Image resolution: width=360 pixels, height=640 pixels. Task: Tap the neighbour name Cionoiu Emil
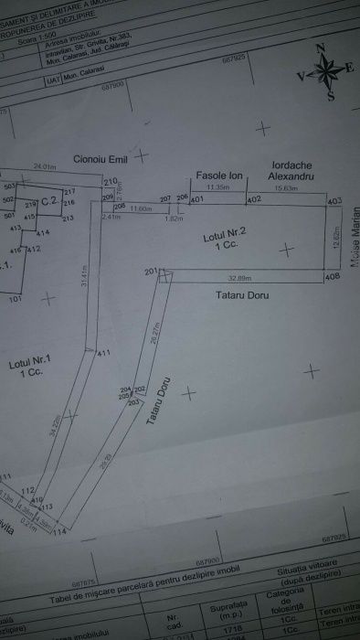point(100,157)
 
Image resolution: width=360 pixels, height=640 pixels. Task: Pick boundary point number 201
point(151,271)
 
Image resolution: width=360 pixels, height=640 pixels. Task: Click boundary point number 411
point(103,354)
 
